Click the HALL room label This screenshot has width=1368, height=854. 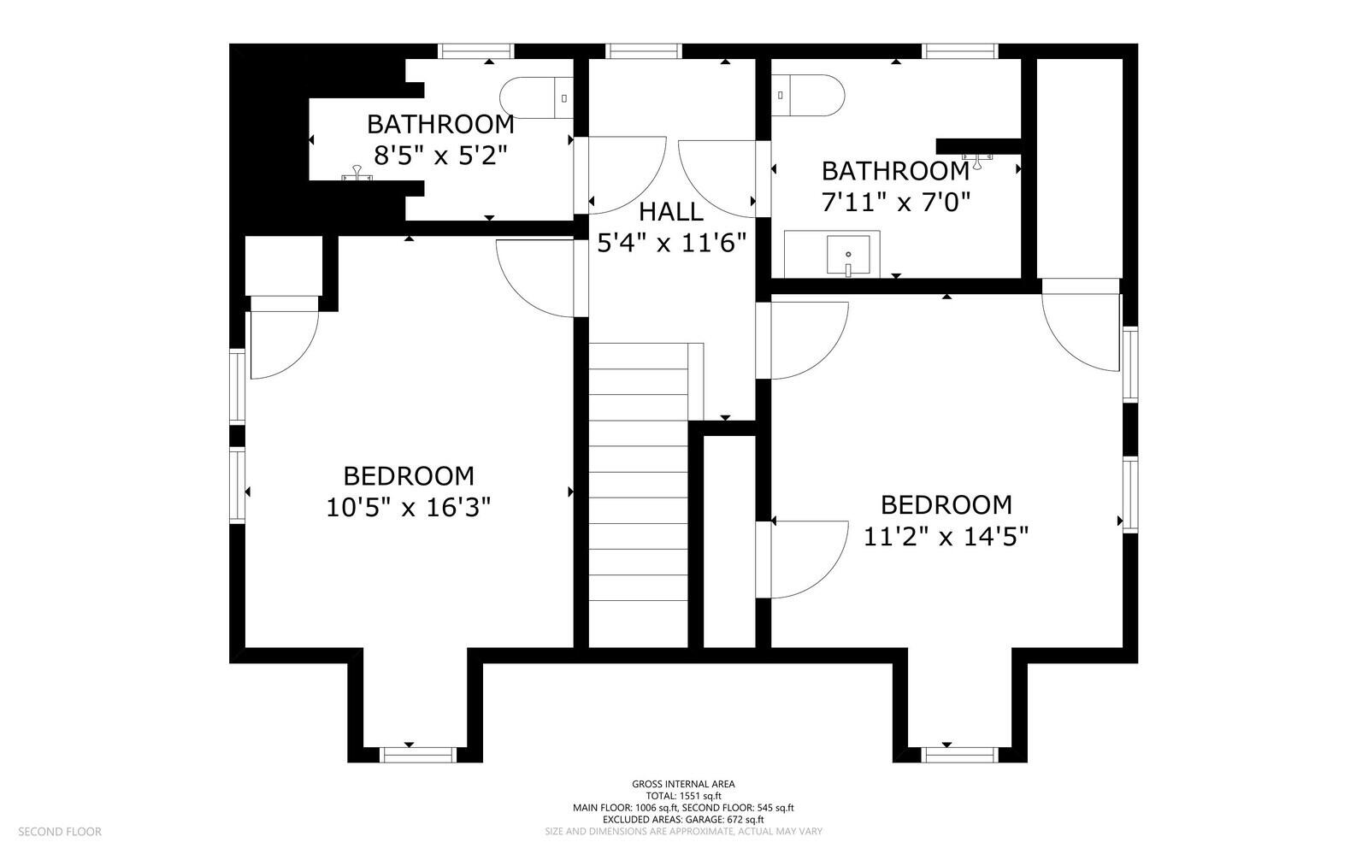[671, 211]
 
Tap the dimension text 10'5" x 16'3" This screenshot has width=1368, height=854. [408, 508]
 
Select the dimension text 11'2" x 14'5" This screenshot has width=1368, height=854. [946, 537]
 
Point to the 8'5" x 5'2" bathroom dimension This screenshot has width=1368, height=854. [440, 156]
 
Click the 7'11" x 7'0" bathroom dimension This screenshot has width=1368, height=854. [895, 203]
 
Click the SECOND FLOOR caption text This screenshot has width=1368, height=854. [60, 831]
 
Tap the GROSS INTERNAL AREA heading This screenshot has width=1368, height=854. [683, 784]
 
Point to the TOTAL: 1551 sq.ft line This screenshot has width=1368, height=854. [683, 796]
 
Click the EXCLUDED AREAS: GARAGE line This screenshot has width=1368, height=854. [683, 819]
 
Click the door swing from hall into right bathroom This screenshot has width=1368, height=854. [716, 178]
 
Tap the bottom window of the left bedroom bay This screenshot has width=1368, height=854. [416, 753]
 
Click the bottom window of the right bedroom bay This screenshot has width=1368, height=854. [960, 753]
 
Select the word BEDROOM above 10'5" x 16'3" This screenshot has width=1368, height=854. [408, 476]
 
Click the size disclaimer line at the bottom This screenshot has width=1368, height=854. [683, 831]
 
